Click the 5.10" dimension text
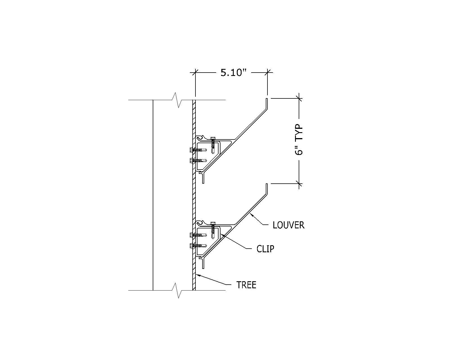pyautogui.click(x=233, y=73)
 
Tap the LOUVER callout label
pyautogui.click(x=289, y=225)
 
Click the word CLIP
pyautogui.click(x=265, y=249)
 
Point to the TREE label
pyautogui.click(x=246, y=285)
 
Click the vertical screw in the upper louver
pyautogui.click(x=213, y=145)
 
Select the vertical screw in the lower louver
pyautogui.click(x=213, y=230)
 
